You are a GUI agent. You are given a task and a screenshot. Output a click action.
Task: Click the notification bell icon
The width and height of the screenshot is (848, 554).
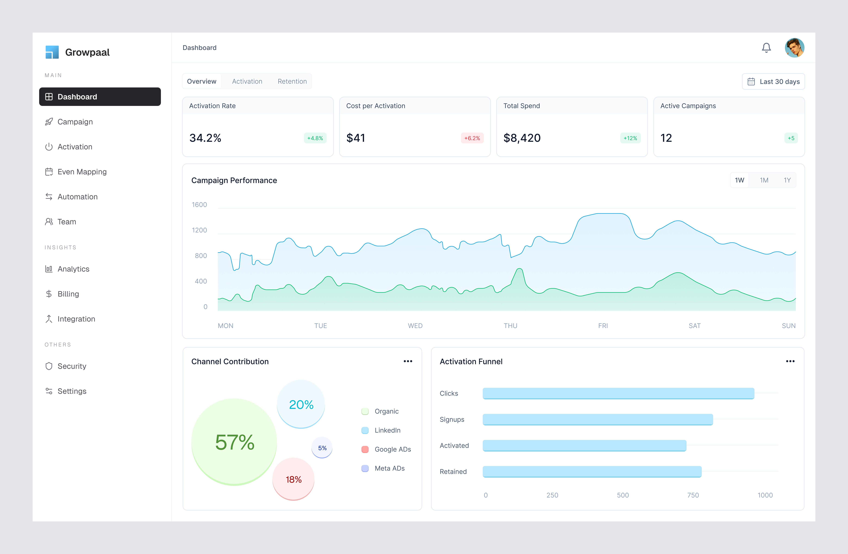click(x=766, y=48)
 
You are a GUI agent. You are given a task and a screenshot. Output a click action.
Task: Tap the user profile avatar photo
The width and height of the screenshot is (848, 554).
click(x=794, y=48)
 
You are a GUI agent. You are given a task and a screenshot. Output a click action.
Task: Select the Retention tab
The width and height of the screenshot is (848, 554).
click(x=292, y=81)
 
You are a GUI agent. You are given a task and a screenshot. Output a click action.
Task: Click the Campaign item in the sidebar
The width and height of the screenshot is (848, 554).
click(x=75, y=122)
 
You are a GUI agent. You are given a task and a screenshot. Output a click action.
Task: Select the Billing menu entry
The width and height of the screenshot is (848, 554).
click(x=68, y=294)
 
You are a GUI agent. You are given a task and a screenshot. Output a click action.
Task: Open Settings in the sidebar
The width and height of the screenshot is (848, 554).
click(x=72, y=391)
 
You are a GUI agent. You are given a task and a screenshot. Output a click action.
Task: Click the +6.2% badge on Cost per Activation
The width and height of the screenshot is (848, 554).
click(x=472, y=138)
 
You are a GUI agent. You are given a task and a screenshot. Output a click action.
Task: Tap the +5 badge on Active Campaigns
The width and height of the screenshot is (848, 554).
click(x=791, y=138)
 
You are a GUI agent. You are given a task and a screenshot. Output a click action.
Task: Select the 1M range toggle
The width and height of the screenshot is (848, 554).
click(x=764, y=180)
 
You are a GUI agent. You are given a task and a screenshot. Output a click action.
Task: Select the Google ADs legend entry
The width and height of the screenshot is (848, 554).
click(x=392, y=449)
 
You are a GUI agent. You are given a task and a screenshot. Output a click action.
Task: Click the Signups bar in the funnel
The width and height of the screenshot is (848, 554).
click(x=598, y=419)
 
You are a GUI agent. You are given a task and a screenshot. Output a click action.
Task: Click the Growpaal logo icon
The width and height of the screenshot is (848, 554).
click(x=52, y=52)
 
